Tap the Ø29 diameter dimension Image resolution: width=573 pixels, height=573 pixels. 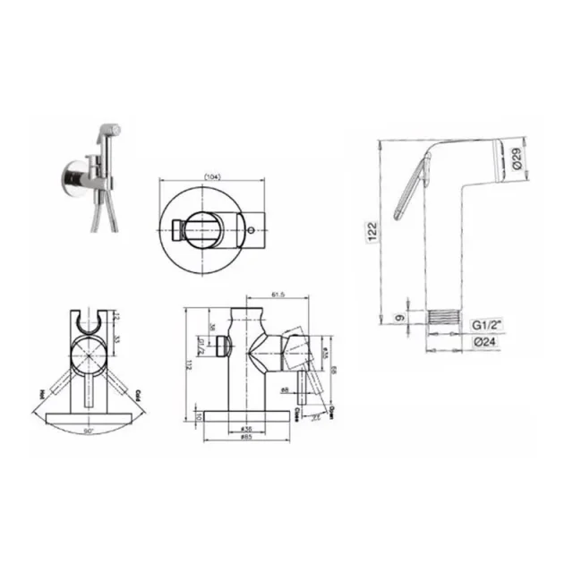(x=516, y=162)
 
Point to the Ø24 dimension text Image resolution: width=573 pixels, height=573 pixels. (x=487, y=341)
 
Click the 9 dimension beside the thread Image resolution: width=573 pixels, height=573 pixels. (x=400, y=316)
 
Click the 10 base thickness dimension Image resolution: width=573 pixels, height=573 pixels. (x=200, y=417)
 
